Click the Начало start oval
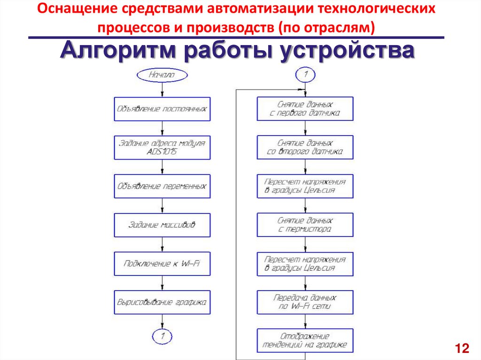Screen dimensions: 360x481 coord(162,74)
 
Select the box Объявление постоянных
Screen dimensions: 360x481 coord(162,109)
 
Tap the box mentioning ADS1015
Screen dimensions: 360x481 coord(162,147)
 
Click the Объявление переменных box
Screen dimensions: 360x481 coord(162,186)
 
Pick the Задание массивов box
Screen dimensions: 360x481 coord(162,225)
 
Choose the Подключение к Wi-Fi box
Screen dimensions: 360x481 coord(162,264)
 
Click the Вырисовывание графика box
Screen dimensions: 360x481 coord(162,302)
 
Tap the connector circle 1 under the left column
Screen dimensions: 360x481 coord(162,336)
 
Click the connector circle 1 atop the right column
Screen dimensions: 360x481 coord(305,74)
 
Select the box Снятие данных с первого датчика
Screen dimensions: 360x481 coord(305,109)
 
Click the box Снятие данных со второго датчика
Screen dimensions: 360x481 coord(305,147)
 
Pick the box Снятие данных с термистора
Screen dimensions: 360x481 coord(305,225)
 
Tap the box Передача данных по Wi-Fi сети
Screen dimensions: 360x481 coord(305,302)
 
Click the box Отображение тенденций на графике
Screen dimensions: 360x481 coord(305,341)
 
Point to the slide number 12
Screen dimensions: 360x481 coord(462,348)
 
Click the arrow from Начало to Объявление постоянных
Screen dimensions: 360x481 coord(162,89)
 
